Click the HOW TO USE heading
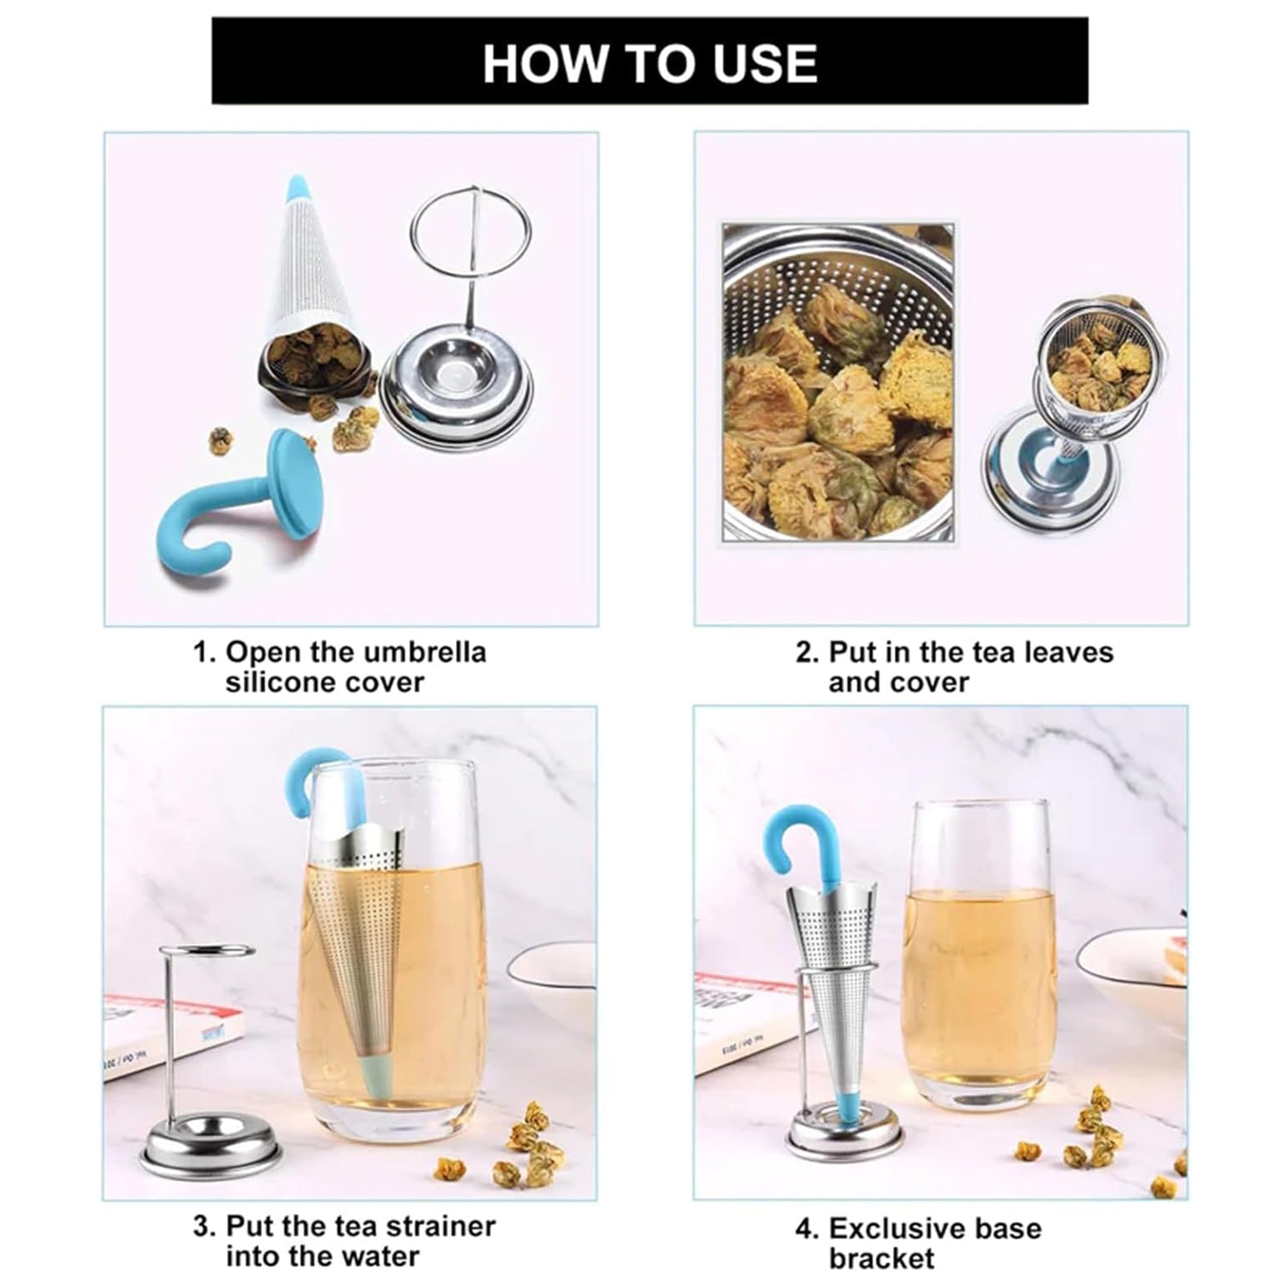(649, 63)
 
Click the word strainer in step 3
(438, 1225)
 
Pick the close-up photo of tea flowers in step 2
(837, 382)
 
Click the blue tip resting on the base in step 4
(845, 1109)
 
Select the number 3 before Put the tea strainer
(203, 1225)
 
